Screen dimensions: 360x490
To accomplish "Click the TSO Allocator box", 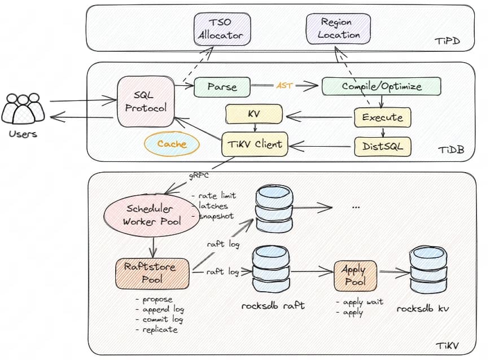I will tap(220, 29).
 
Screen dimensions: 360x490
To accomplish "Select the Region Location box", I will tap(338, 29).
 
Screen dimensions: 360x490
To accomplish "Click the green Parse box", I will tap(221, 87).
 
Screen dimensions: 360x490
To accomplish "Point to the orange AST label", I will tap(283, 86).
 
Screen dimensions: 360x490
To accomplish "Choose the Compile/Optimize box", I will tap(382, 86).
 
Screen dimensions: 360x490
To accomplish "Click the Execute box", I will tap(382, 118).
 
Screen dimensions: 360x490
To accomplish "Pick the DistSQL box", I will tap(382, 147).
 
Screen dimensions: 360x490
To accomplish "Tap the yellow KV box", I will tap(253, 114).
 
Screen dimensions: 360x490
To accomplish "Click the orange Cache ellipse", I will tap(172, 144).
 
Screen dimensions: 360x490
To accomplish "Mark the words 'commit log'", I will tap(163, 319).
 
